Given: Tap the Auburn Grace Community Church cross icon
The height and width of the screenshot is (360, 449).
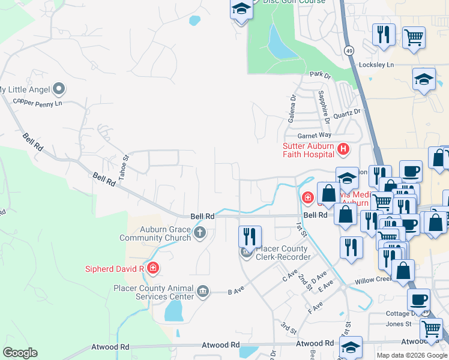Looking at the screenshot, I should point(199,233).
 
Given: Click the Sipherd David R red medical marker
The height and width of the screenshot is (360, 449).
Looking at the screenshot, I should point(152,268).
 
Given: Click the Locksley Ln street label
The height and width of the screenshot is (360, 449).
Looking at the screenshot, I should point(376,64).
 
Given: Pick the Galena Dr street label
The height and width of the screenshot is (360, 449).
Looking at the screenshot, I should point(292,108).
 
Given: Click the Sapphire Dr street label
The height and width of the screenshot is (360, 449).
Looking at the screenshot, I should point(324,107).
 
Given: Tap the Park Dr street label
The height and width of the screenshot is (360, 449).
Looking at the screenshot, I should point(321,75).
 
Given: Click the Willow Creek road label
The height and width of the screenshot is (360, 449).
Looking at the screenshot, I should point(375,280).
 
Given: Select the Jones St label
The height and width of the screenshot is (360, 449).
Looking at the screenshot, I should point(399,324).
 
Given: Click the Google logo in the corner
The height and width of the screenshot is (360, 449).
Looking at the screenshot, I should point(20,353).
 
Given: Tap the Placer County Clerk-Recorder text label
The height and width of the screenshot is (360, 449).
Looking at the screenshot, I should point(283,253).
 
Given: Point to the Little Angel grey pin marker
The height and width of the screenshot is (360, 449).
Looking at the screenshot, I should point(58,89).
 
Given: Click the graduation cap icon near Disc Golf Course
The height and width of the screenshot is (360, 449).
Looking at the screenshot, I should point(241,10).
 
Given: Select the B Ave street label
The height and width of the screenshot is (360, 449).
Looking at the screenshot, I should point(236,292).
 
